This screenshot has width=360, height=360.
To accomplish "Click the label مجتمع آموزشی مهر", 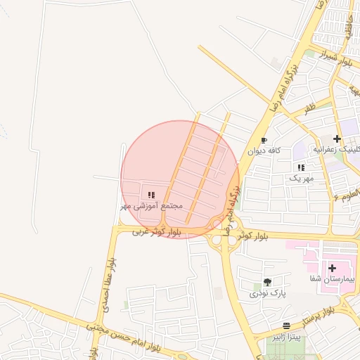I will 151,206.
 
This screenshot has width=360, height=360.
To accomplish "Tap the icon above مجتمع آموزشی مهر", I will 151,195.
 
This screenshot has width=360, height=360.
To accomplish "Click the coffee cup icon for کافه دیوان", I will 264,140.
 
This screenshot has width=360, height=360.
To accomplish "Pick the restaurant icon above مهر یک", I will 301,168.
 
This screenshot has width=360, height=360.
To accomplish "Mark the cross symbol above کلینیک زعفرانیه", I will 337,139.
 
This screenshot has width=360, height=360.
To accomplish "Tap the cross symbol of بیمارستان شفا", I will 333,268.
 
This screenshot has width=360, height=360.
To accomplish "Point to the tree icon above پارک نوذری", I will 266,282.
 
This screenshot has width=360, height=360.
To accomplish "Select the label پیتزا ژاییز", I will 287,337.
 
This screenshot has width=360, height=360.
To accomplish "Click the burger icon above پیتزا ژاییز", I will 286,326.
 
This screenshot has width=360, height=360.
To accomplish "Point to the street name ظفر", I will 309,108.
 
